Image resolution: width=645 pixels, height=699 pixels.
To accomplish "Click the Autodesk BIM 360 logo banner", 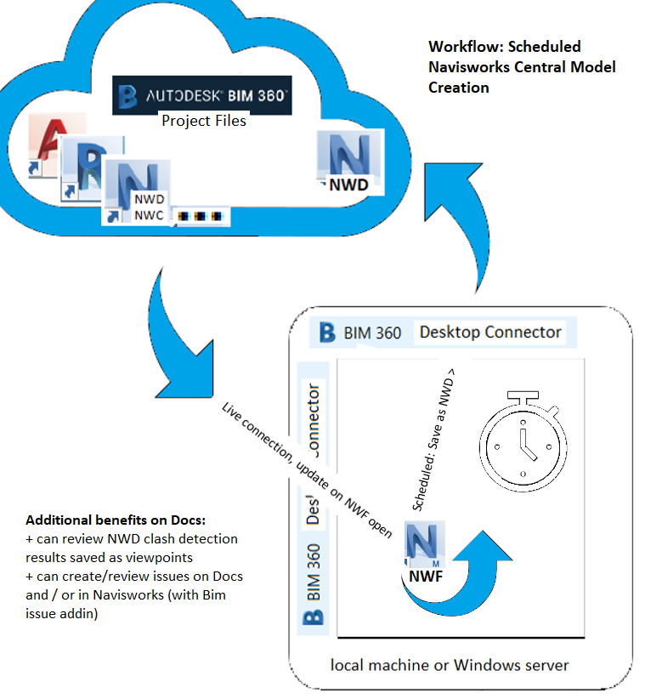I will (x=202, y=96).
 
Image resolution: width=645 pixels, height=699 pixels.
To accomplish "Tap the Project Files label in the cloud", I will (x=204, y=121).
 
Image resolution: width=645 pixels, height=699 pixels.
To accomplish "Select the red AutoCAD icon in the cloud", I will (x=54, y=145).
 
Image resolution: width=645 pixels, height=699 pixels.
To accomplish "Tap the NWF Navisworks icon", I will (x=422, y=553).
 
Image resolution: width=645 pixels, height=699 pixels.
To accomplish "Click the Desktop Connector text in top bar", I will (x=490, y=332).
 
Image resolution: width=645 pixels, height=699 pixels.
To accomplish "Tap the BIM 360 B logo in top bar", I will (x=326, y=332).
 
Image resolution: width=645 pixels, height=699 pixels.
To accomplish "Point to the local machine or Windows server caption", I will (x=450, y=663).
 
